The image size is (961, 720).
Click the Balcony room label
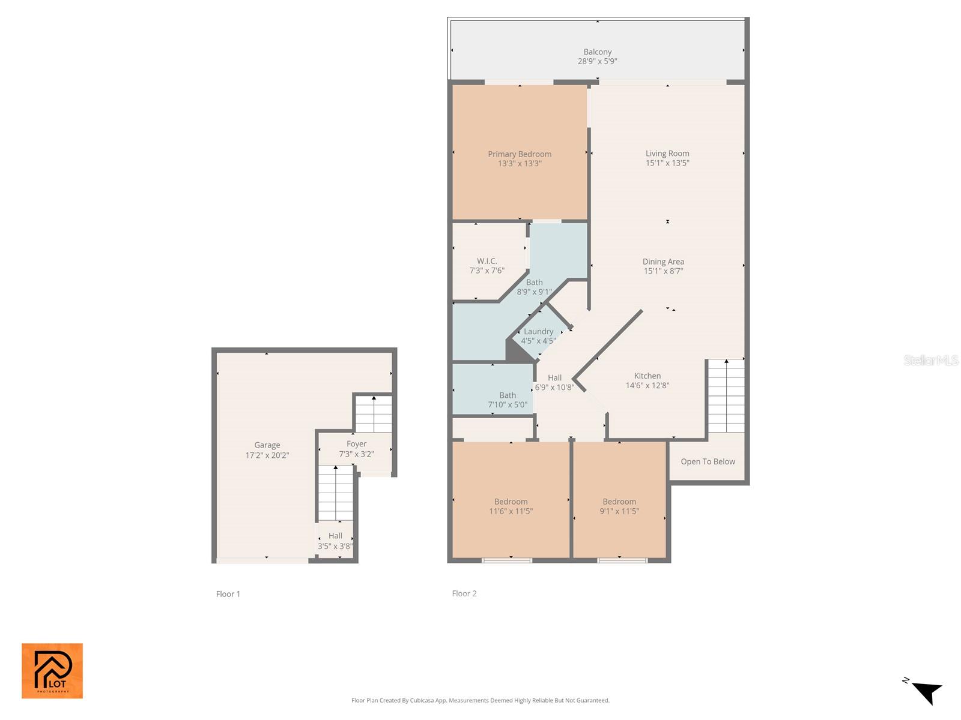coord(597,52)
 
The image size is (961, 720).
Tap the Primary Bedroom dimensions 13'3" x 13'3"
coord(520,163)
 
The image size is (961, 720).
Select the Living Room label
coord(667,154)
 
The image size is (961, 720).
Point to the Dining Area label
coord(663,262)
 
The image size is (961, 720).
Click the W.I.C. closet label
coord(487,261)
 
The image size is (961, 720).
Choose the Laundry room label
coord(538,332)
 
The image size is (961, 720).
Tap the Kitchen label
coord(647,376)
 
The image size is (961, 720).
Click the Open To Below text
coord(708,461)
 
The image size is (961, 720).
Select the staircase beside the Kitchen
coord(726,396)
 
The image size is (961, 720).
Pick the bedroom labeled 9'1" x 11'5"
coord(619,506)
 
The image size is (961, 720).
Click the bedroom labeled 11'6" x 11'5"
coord(511,506)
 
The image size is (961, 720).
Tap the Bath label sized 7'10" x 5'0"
coord(508,400)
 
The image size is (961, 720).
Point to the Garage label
coord(267,445)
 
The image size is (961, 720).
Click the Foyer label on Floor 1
coord(356,444)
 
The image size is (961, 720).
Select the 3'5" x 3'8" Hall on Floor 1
coord(335,541)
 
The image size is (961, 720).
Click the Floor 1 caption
coord(228,594)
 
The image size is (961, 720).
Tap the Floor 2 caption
coord(464,593)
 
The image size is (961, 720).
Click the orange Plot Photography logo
coord(52,671)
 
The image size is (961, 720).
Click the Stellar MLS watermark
coord(930,360)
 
